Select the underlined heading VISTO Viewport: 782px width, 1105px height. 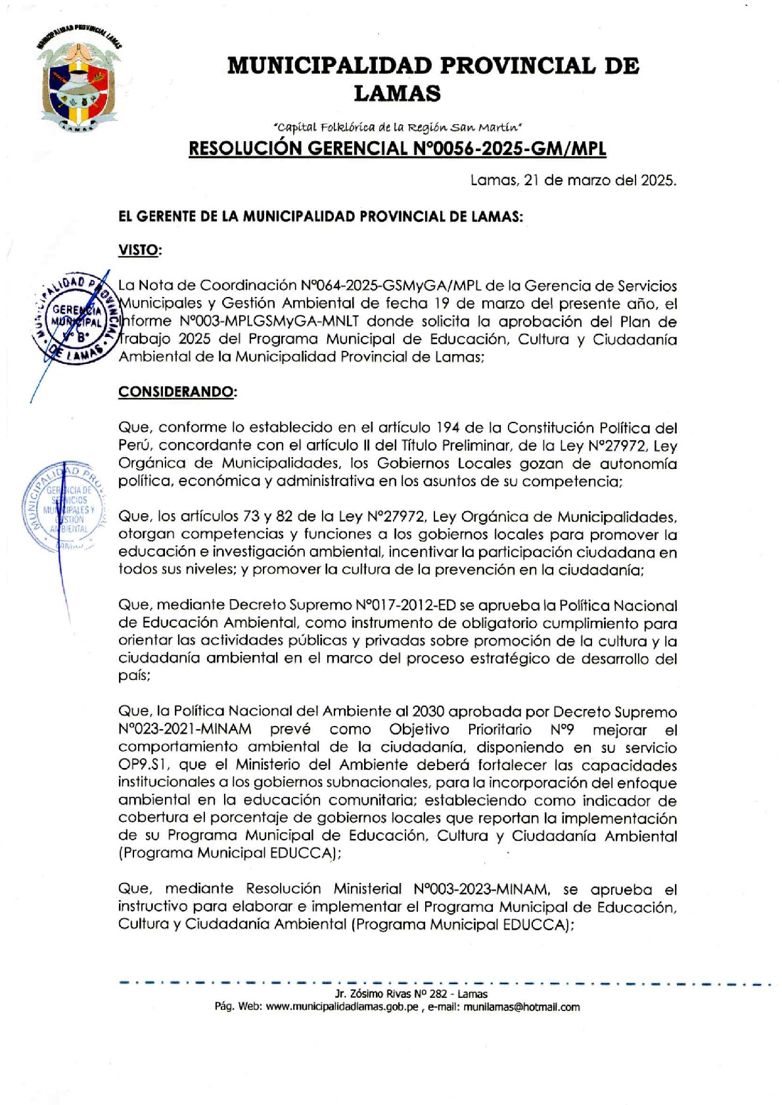coord(140,250)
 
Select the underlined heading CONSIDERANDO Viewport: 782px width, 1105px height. coord(177,392)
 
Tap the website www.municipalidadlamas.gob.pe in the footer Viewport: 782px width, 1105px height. coord(342,1007)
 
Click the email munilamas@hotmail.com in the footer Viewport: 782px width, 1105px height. coord(522,1007)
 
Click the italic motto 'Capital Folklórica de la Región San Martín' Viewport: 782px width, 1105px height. coord(397,127)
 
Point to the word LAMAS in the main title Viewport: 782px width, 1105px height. coord(397,93)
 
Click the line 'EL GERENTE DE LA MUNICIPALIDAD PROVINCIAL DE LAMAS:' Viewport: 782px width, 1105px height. coord(321,216)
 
